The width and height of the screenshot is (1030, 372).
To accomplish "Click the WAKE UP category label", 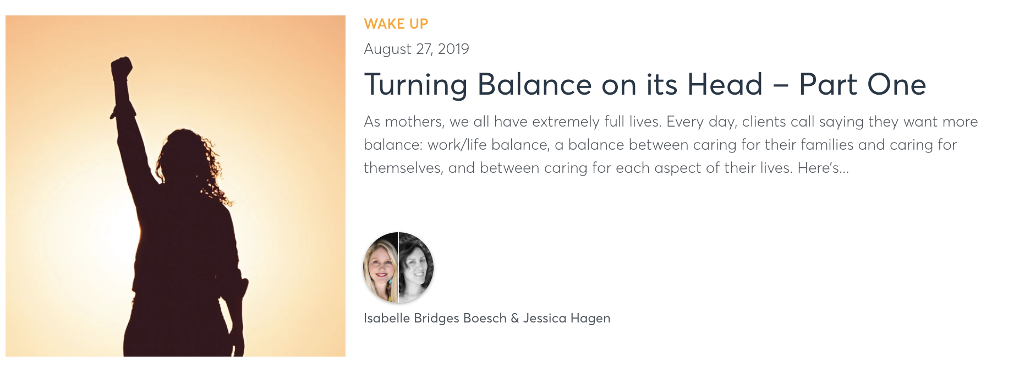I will click(x=396, y=24).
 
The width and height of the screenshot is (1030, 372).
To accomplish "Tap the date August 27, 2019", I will click(x=416, y=49).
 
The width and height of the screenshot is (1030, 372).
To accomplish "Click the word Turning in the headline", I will click(x=415, y=85).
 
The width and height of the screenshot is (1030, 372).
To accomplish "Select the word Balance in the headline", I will click(x=534, y=85).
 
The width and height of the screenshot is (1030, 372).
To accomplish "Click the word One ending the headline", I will click(x=896, y=85).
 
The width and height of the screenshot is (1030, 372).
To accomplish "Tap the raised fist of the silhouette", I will click(x=122, y=69).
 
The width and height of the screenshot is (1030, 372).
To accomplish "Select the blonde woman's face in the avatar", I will click(x=381, y=267).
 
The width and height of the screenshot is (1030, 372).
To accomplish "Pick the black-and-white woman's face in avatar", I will click(x=415, y=267).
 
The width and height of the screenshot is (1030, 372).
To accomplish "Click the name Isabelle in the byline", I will click(x=386, y=318).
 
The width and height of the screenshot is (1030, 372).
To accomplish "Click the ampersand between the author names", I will click(x=514, y=318).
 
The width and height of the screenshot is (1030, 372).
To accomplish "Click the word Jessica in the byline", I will click(x=544, y=318).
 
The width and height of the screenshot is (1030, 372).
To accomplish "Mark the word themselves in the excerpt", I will click(x=403, y=168).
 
